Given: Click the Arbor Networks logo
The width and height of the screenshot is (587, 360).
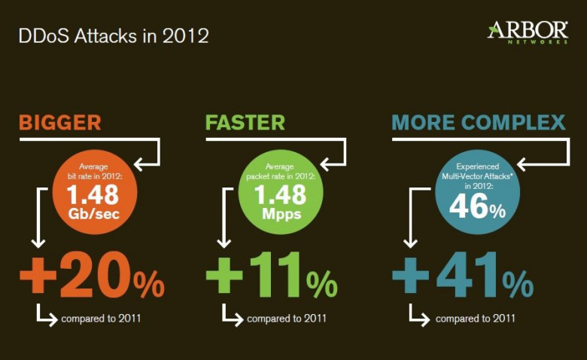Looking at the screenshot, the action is click(x=528, y=32).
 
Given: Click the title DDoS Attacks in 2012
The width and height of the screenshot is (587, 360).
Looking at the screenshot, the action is click(x=114, y=36).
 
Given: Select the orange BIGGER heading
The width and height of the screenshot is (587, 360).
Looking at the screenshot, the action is click(x=60, y=123).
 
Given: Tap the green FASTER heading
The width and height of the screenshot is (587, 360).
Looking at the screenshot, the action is click(x=245, y=123).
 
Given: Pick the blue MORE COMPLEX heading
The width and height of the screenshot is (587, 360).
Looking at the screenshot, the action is click(x=479, y=123).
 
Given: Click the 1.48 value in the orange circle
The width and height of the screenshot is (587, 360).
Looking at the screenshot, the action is click(x=93, y=195).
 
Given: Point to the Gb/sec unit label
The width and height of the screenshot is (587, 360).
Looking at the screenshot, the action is click(x=93, y=214).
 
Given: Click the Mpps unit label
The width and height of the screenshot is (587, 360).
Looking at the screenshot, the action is click(x=281, y=215).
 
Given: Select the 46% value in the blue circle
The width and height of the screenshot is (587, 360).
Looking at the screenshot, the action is click(x=477, y=206).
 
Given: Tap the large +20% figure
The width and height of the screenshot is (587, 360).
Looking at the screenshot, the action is click(x=92, y=275).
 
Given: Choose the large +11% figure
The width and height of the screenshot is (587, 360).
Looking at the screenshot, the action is click(x=272, y=275).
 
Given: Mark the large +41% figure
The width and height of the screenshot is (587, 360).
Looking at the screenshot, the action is click(x=463, y=275).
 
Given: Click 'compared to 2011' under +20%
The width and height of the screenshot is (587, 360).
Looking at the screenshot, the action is click(x=101, y=319).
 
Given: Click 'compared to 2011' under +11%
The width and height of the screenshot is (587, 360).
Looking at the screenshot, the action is click(x=287, y=319).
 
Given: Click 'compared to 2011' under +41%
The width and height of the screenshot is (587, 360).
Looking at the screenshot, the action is click(x=476, y=319).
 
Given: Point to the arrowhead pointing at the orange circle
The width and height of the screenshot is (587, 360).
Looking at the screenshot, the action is click(x=138, y=164).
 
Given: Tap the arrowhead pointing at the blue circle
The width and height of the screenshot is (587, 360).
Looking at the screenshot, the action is click(x=522, y=164).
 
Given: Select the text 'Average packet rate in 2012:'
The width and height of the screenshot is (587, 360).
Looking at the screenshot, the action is click(x=281, y=171).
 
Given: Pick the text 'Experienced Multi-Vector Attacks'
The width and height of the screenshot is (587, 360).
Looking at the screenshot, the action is click(x=477, y=171).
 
